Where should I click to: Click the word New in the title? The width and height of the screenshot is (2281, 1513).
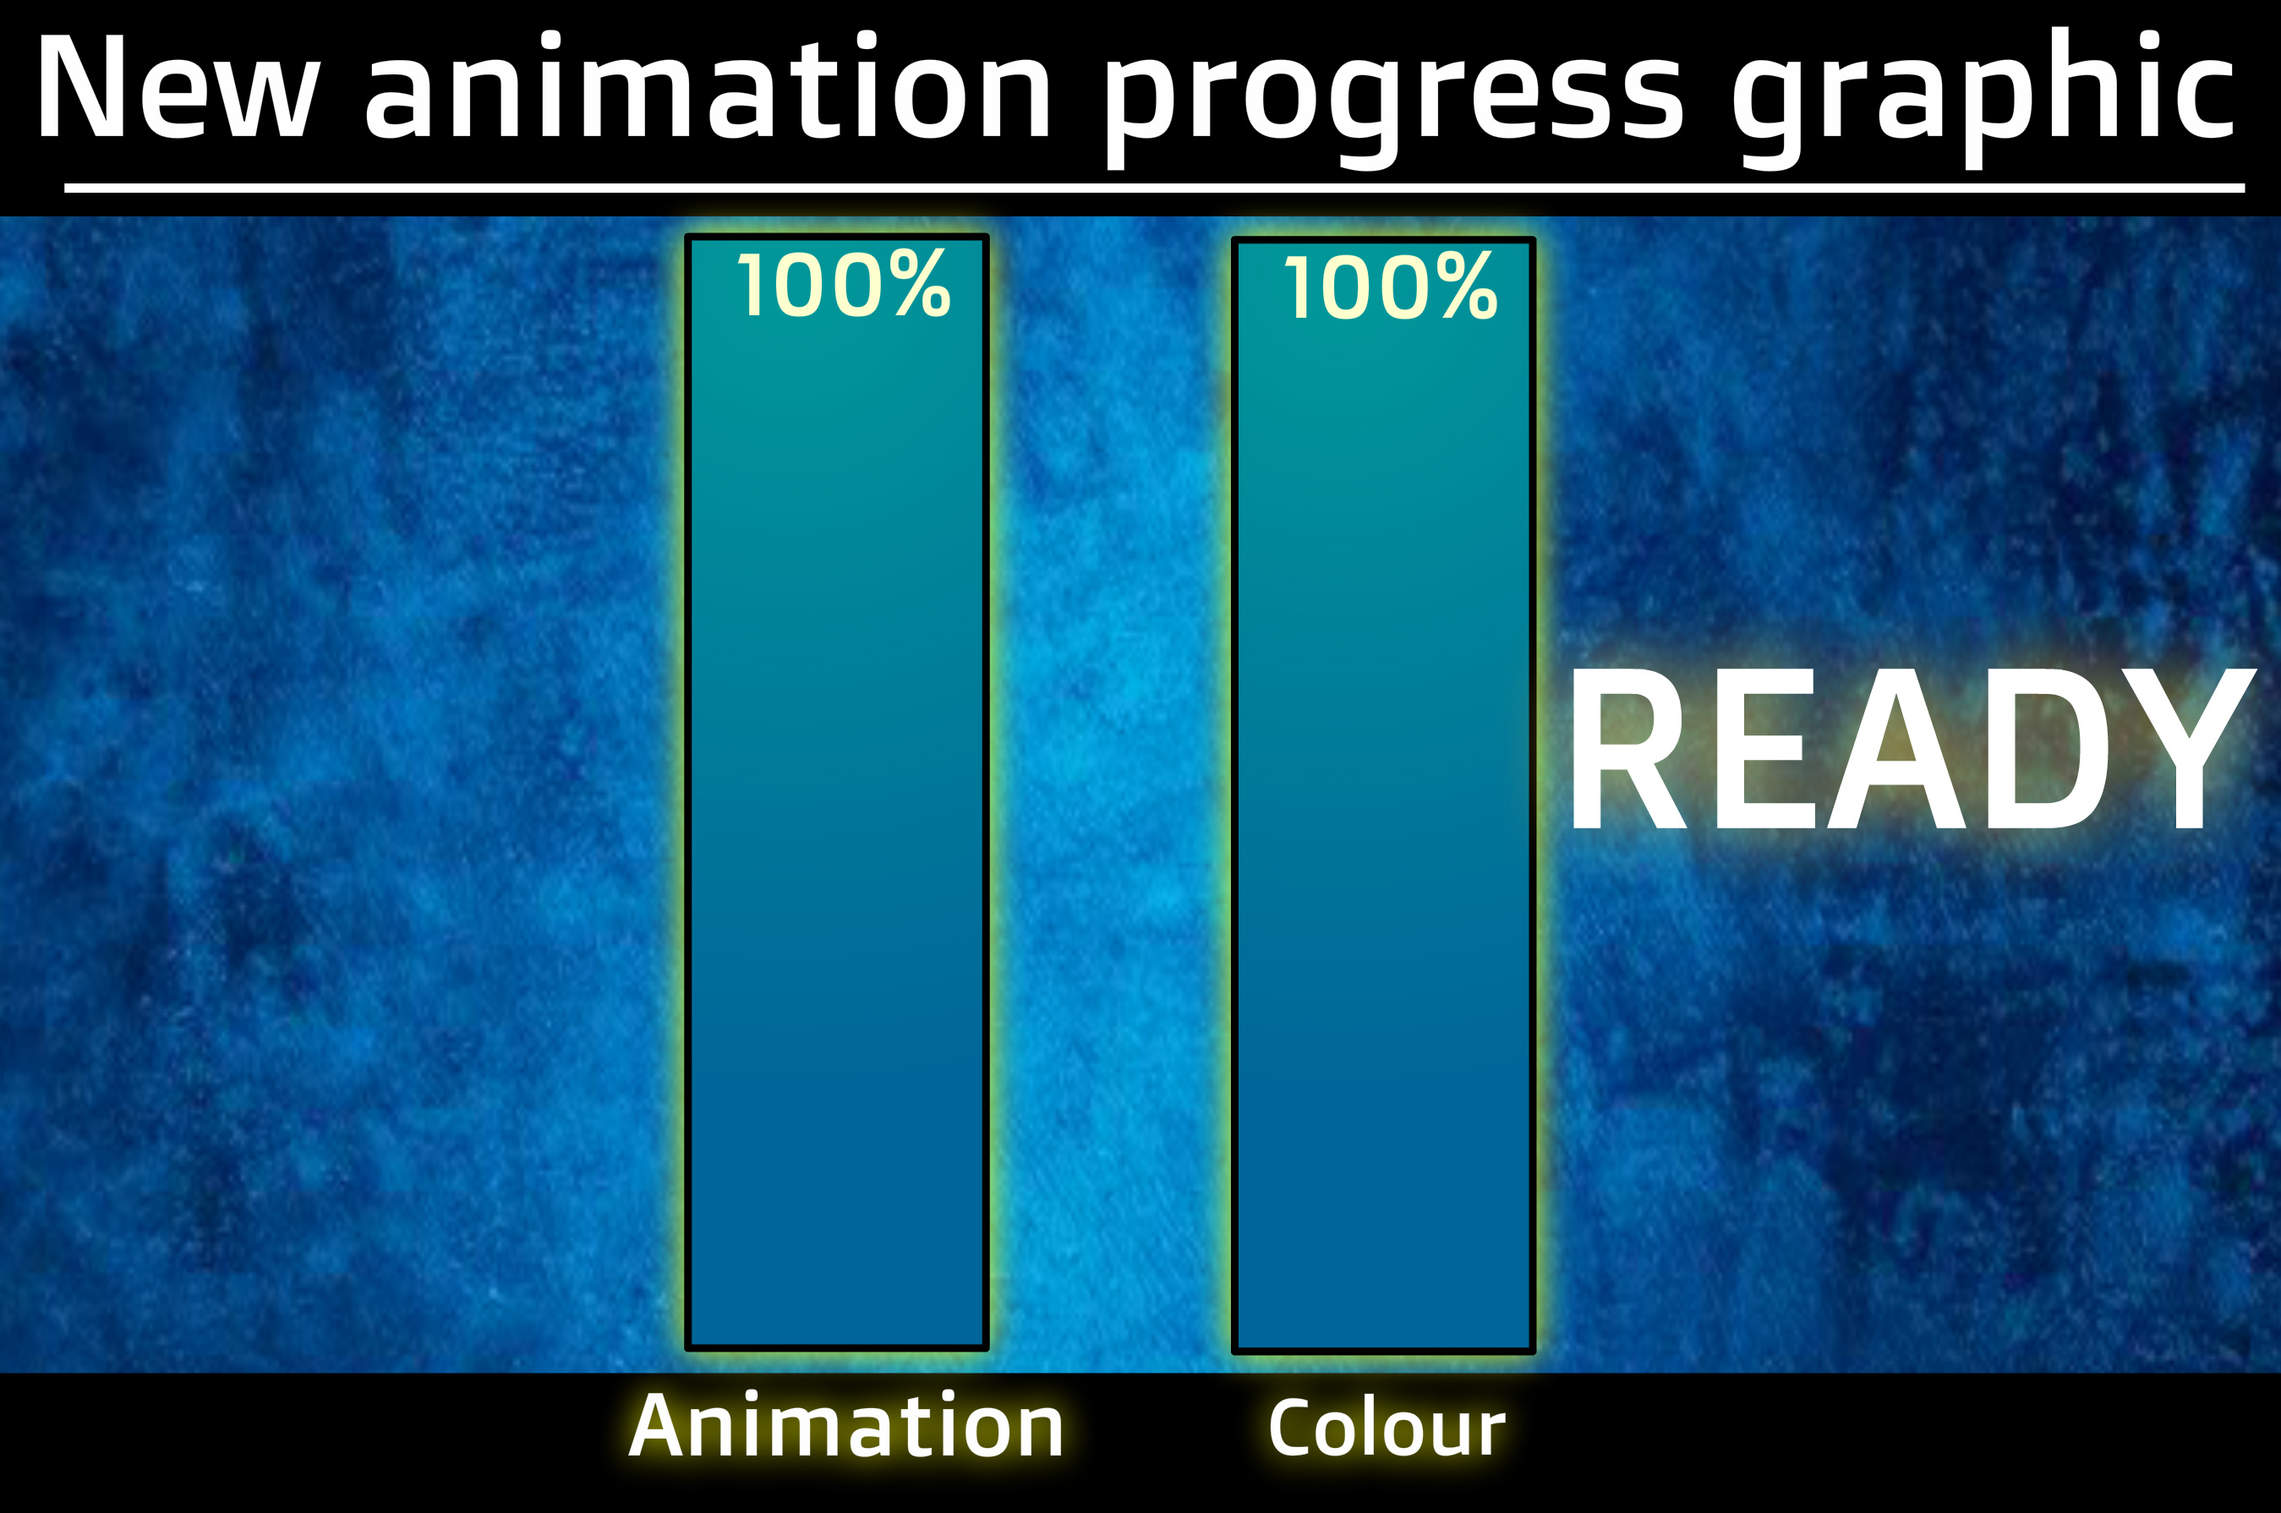pos(177,88)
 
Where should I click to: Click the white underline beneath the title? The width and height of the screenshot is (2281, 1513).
pos(1154,188)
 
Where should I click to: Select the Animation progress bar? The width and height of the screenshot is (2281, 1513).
pos(836,792)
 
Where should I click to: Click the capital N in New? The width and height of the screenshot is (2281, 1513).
pos(82,88)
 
